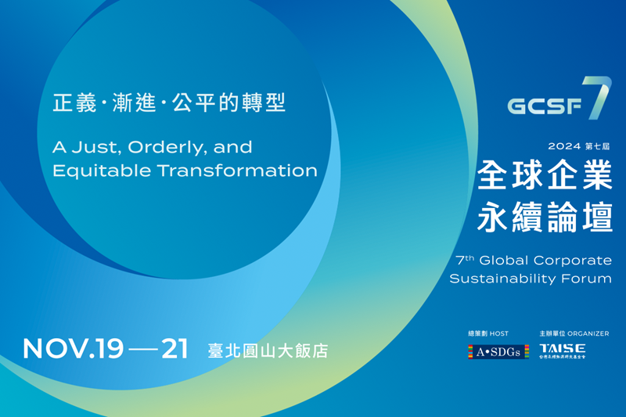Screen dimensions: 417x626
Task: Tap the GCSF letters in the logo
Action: [x=545, y=106]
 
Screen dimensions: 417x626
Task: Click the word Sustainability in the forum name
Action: [x=502, y=278]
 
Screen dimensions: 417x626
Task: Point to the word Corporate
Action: [x=579, y=260]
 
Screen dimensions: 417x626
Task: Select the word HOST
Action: [x=498, y=333]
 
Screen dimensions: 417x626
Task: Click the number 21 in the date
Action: [x=174, y=349]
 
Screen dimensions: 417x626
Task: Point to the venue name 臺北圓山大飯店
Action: [x=267, y=350]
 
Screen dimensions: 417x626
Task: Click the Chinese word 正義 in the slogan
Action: [x=68, y=104]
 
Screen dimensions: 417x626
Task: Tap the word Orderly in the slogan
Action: [x=156, y=147]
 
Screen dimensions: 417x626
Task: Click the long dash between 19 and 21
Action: [x=142, y=350]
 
